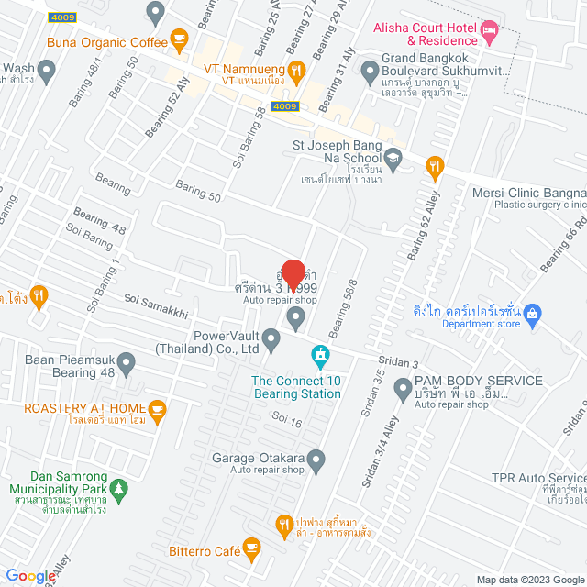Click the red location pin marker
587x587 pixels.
point(293,274)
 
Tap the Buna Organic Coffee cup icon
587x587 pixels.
point(179,40)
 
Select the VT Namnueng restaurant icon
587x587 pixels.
point(295,70)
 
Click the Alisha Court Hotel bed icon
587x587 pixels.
point(491,33)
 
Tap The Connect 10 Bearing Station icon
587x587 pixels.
point(319,353)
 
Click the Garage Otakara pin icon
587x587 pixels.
point(316,458)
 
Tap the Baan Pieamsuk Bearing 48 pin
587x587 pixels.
point(127,367)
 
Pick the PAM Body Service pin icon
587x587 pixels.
point(403,390)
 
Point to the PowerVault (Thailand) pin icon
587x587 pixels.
point(271,341)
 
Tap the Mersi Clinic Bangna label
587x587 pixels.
point(528,193)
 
